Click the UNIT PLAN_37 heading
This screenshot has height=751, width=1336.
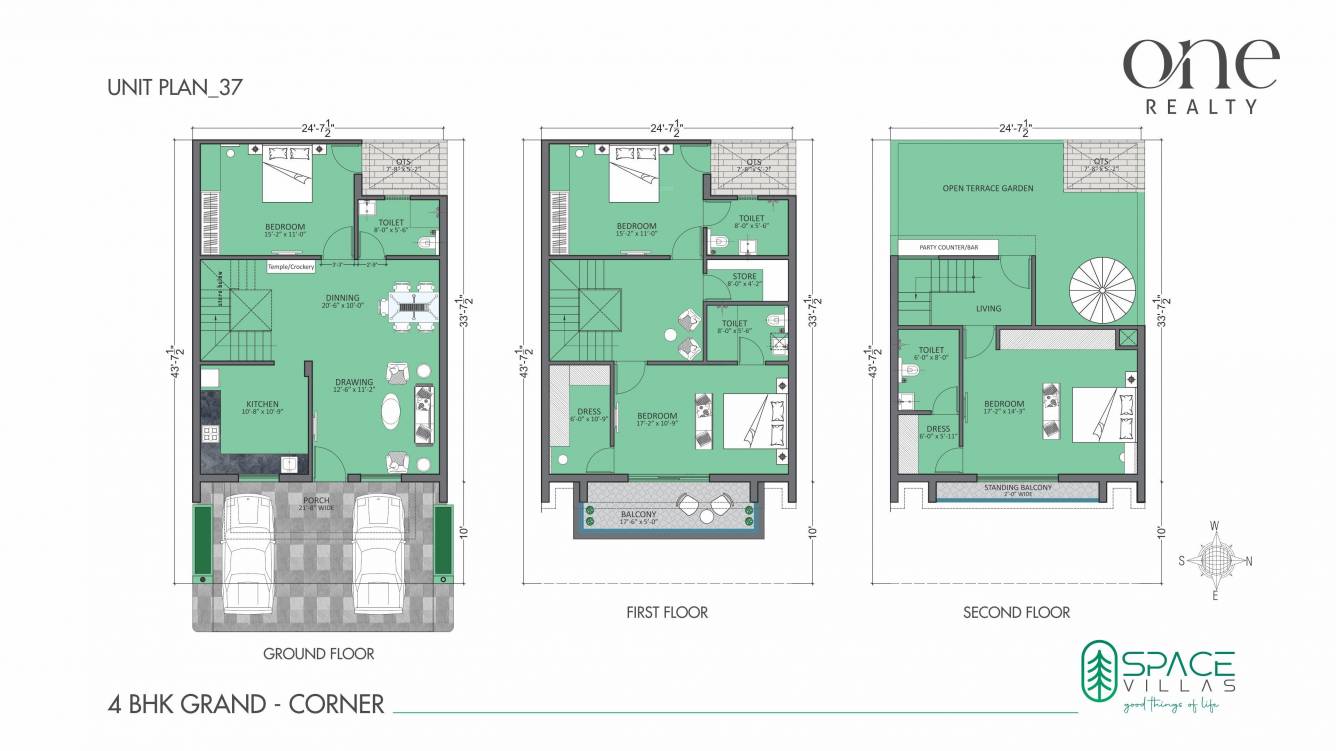point(174,88)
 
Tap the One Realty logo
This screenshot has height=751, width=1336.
point(1200,75)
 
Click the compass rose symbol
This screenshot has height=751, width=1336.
point(1214,560)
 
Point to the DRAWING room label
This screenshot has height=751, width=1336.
point(354,382)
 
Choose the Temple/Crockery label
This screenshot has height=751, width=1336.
point(291,267)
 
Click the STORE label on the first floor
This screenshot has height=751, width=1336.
point(744,276)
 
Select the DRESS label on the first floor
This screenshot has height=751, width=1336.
point(589,412)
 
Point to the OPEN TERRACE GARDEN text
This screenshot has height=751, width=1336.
point(987,188)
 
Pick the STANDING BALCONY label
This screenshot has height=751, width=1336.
point(1017,487)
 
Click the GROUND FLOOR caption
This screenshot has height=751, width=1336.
point(318,654)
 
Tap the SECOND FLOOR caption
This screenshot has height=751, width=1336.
point(1016,612)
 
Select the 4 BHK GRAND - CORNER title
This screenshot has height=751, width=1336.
point(245,705)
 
